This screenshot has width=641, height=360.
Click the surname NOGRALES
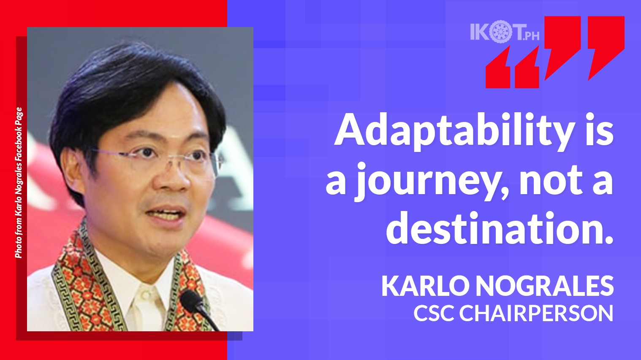(x=545, y=286)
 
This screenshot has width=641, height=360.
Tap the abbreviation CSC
(x=434, y=313)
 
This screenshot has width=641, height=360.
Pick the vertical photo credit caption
(x=19, y=183)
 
